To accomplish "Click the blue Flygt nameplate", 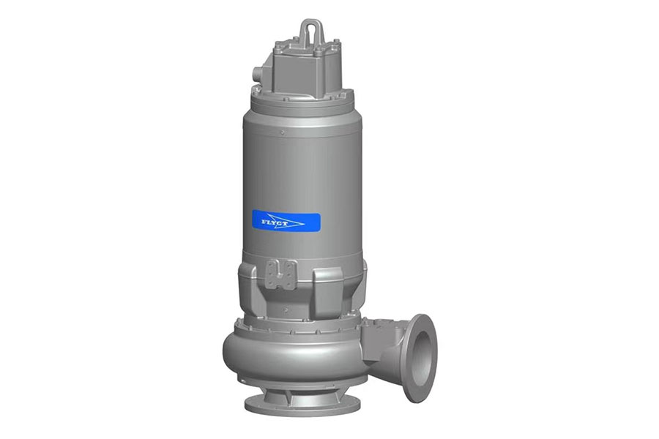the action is pyautogui.click(x=286, y=222).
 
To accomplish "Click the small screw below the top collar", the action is pyautogui.click(x=283, y=132).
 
